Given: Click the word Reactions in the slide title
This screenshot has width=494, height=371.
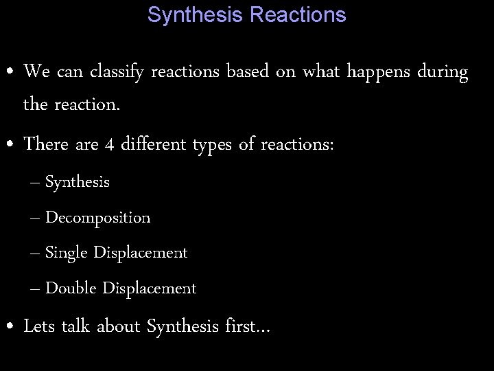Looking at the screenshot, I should click(x=298, y=14).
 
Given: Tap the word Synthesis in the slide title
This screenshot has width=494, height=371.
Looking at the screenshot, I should click(x=196, y=14).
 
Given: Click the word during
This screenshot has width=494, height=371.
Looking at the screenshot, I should click(x=443, y=71).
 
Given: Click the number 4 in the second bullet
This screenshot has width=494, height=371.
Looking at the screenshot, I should click(x=109, y=145).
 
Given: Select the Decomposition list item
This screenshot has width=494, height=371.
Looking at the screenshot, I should click(x=97, y=218).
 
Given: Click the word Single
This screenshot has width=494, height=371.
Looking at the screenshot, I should click(x=67, y=254).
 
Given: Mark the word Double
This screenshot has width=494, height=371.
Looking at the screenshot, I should click(x=71, y=289).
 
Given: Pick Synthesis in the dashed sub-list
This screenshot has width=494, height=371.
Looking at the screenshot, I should click(x=78, y=183).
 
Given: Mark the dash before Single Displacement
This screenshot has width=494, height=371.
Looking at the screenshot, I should click(x=36, y=254).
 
